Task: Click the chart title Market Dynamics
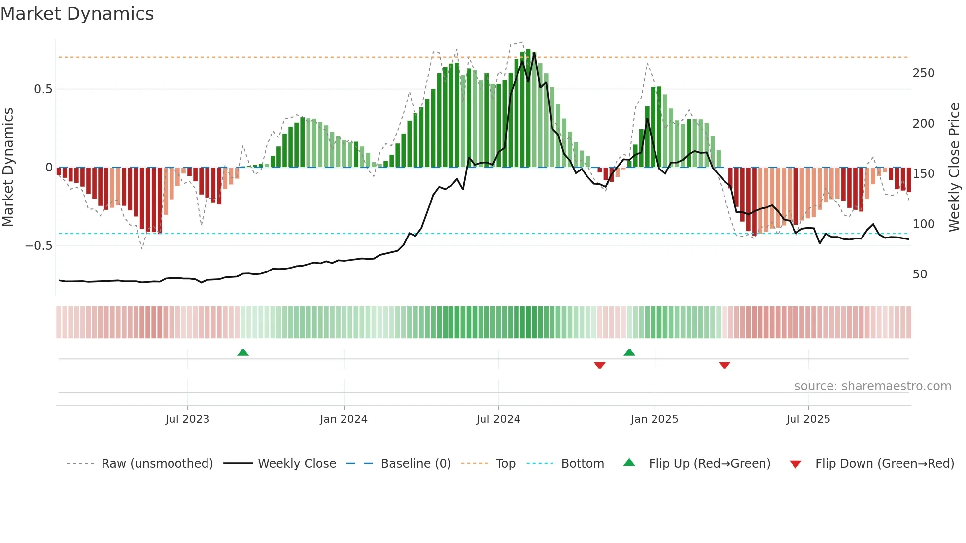pyautogui.click(x=77, y=14)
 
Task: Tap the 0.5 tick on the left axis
pyautogui.click(x=43, y=89)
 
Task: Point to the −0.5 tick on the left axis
pyautogui.click(x=39, y=246)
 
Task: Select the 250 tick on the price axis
pyautogui.click(x=923, y=73)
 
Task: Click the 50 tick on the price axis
pyautogui.click(x=920, y=274)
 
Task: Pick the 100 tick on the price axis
pyautogui.click(x=923, y=224)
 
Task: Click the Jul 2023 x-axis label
pyautogui.click(x=187, y=419)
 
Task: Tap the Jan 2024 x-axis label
pyautogui.click(x=344, y=419)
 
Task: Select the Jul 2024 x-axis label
pyautogui.click(x=498, y=419)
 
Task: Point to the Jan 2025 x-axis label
pyautogui.click(x=655, y=419)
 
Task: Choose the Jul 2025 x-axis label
pyautogui.click(x=808, y=419)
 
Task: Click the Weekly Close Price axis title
pyautogui.click(x=954, y=168)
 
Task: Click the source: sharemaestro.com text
pyautogui.click(x=872, y=386)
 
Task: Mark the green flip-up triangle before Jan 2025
pyautogui.click(x=629, y=352)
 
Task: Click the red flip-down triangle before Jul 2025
pyautogui.click(x=724, y=365)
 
